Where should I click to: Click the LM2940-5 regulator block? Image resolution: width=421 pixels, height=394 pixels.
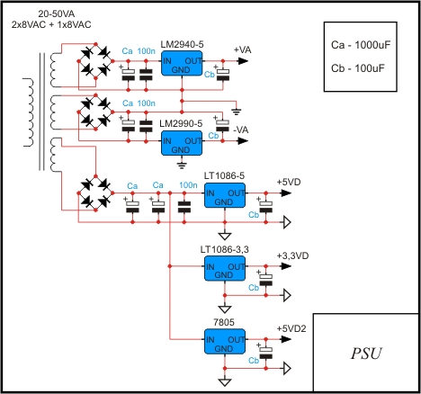pos(182,63)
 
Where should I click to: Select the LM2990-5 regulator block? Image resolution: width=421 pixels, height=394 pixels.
pos(182,143)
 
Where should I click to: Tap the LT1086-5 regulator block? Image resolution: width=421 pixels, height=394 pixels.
pos(225,195)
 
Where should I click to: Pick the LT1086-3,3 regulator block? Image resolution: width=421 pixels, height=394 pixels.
pos(225,268)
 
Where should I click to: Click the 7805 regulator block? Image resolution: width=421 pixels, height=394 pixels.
pos(225,342)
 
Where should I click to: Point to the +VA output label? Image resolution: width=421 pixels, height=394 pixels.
pos(243,49)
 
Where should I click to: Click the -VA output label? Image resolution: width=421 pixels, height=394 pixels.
pos(241,130)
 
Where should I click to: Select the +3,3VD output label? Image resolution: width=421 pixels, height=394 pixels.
pos(292,255)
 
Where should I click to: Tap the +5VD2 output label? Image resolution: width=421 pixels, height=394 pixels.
pos(291,328)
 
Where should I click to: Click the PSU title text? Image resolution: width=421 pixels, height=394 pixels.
pos(366,354)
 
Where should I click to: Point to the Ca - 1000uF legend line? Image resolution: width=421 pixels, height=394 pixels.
pos(361,45)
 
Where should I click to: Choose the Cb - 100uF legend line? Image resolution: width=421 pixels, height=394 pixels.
pos(358,68)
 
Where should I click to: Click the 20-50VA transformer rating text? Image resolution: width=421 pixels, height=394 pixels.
pos(57,13)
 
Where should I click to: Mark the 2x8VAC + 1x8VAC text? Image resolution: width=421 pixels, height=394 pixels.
pos(51,24)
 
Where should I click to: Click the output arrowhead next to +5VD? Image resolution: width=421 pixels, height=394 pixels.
pos(286,193)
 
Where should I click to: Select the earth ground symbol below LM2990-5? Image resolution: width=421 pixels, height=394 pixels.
pos(182,166)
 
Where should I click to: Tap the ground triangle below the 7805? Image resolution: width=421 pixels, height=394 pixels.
pos(225,382)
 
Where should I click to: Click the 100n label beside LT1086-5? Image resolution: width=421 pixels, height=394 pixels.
pos(188,185)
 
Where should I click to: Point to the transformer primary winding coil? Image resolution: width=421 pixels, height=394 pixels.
pos(29,112)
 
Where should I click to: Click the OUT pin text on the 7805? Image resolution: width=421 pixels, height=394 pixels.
pos(237,340)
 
